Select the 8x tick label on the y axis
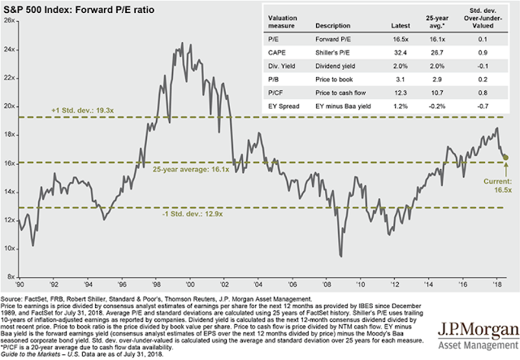(11, 276)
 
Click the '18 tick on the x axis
(493, 285)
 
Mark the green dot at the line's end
(506, 158)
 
